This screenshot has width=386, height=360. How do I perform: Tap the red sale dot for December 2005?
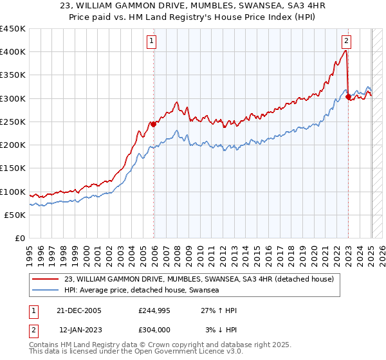[154, 124]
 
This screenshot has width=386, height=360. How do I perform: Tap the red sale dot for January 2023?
[348, 97]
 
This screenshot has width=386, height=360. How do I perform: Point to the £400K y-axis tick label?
[13, 52]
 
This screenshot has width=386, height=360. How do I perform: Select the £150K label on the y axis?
[13, 168]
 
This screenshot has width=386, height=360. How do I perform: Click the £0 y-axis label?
[19, 239]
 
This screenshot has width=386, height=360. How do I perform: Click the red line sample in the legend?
[45, 280]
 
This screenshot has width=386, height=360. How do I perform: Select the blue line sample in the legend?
[45, 291]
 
